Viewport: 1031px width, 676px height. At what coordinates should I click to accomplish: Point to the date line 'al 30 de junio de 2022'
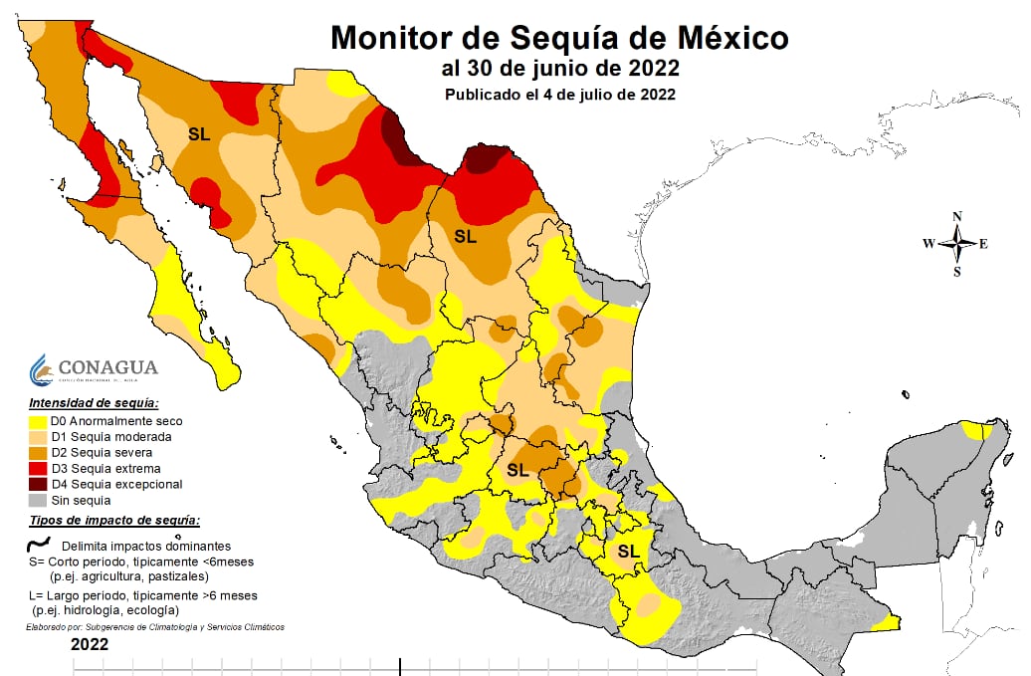coord(560,69)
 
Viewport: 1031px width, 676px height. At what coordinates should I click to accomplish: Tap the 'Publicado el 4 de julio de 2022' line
coord(560,95)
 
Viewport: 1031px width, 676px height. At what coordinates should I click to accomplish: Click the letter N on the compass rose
coord(957,216)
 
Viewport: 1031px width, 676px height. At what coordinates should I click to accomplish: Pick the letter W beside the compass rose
coord(928,244)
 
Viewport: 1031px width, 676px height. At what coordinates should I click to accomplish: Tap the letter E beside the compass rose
coord(983,244)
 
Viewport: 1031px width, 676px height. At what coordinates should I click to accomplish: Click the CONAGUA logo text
coord(107,367)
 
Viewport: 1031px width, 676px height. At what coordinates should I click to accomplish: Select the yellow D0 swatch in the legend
coord(40,421)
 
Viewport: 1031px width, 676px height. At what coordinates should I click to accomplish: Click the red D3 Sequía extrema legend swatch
coord(40,468)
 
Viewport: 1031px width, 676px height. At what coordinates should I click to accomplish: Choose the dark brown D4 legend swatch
coord(40,484)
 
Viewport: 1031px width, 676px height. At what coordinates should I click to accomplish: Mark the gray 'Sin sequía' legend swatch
coord(40,500)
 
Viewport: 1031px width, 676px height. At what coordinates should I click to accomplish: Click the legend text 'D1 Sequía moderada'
coord(111,436)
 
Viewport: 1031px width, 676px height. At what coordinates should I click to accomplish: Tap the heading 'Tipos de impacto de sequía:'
coord(114,521)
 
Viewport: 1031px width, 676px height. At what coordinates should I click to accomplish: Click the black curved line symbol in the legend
coord(40,544)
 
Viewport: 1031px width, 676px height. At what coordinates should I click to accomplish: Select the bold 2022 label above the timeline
coord(90,645)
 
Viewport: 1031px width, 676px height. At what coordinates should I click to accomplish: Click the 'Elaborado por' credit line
coord(154,627)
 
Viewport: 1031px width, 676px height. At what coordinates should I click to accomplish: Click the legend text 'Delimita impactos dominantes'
coord(145,546)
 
